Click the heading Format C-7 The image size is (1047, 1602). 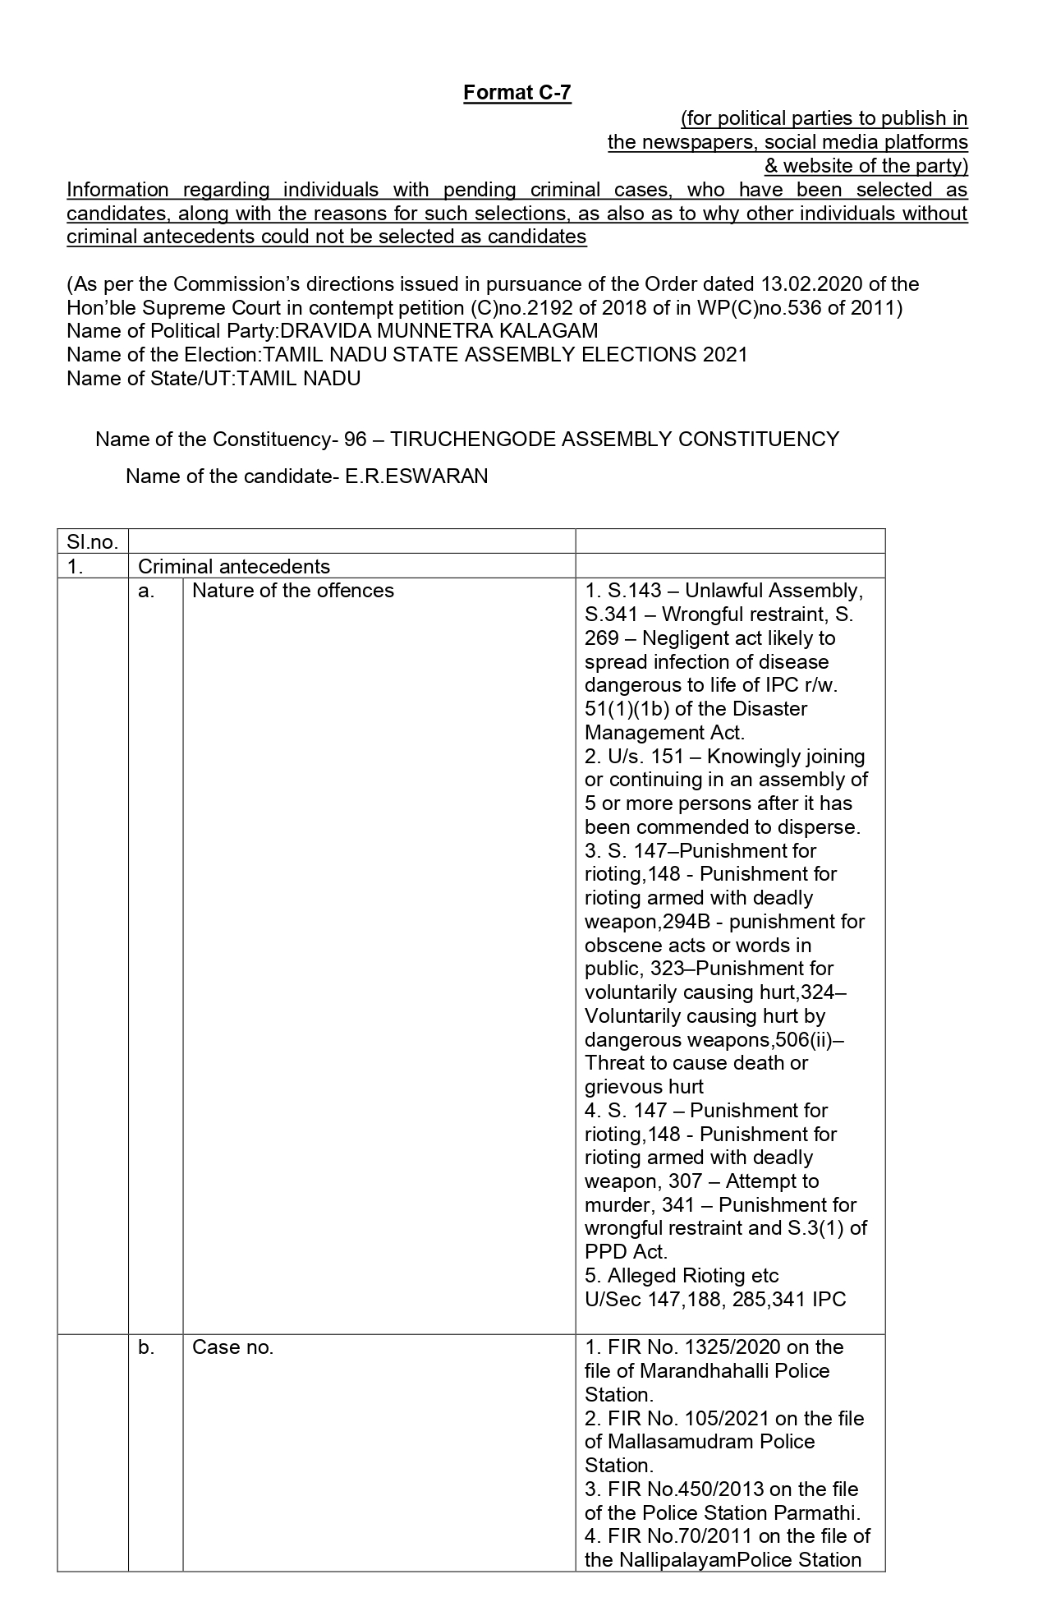[517, 93]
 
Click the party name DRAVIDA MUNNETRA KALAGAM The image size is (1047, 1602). [439, 331]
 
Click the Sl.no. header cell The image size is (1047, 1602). [92, 542]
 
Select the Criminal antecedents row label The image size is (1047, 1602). [234, 566]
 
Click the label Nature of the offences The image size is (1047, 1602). [292, 591]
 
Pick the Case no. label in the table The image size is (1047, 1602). [232, 1347]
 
